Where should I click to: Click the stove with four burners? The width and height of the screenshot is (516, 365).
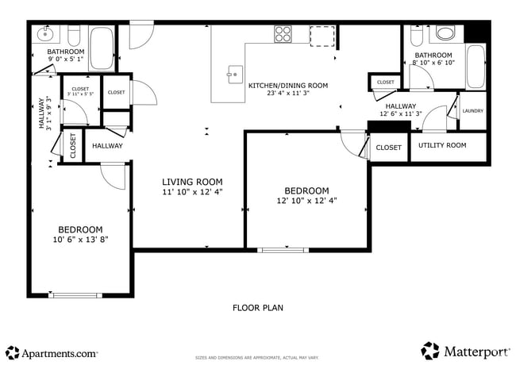(283, 33)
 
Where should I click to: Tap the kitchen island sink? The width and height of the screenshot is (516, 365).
(234, 75)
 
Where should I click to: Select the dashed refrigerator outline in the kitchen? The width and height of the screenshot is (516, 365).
(322, 36)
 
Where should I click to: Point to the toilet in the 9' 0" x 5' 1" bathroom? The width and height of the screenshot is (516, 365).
(75, 36)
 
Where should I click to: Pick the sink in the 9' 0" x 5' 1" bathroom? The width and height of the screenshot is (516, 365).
(44, 35)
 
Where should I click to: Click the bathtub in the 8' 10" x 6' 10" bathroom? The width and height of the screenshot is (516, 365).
(475, 65)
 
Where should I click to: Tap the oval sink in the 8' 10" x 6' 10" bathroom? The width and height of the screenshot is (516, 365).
(446, 33)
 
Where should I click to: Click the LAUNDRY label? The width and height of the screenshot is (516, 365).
(473, 111)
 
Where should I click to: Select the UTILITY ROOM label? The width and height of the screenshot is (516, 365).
(442, 145)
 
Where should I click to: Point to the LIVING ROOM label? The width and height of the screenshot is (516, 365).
(192, 182)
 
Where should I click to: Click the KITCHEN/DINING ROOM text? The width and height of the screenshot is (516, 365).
(288, 85)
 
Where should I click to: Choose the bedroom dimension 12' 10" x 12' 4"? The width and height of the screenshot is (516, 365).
(306, 201)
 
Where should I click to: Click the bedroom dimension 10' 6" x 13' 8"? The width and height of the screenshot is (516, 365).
(79, 239)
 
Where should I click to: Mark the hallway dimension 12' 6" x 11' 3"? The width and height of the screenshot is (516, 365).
(401, 113)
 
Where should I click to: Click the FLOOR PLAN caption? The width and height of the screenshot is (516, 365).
(258, 308)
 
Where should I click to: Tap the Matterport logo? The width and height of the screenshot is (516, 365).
(466, 350)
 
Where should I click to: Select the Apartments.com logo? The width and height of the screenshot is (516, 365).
(52, 352)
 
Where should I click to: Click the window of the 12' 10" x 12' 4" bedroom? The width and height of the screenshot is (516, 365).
(283, 250)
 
